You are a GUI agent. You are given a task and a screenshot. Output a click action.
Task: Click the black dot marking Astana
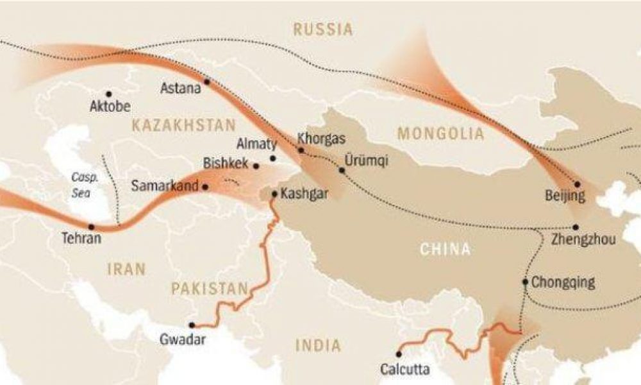[207, 82]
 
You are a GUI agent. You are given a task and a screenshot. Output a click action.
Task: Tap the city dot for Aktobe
[108, 94]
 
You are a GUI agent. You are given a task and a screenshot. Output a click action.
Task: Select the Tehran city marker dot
[92, 227]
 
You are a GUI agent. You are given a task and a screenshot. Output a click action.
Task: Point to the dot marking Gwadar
[192, 325]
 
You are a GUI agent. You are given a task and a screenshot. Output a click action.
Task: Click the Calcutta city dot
[399, 354]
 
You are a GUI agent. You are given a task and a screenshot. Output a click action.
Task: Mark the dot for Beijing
[578, 184]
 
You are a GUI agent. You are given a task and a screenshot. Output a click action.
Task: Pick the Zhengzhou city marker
[576, 227]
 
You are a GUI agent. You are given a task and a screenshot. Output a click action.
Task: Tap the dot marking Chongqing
[525, 282]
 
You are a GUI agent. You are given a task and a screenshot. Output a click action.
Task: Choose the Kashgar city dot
[274, 194]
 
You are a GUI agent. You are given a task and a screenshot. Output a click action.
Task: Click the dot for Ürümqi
[342, 171]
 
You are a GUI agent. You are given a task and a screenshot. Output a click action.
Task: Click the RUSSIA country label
[322, 29]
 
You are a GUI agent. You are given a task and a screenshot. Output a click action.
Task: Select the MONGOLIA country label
[440, 133]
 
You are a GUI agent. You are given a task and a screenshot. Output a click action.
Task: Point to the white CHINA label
[445, 249]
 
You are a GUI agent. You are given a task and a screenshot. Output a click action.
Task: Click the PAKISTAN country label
[209, 287]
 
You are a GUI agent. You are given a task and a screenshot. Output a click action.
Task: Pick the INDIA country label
[319, 346]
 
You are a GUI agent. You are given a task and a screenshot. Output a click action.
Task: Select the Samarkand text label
[165, 187]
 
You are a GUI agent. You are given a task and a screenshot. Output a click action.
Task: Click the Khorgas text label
[322, 139]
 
